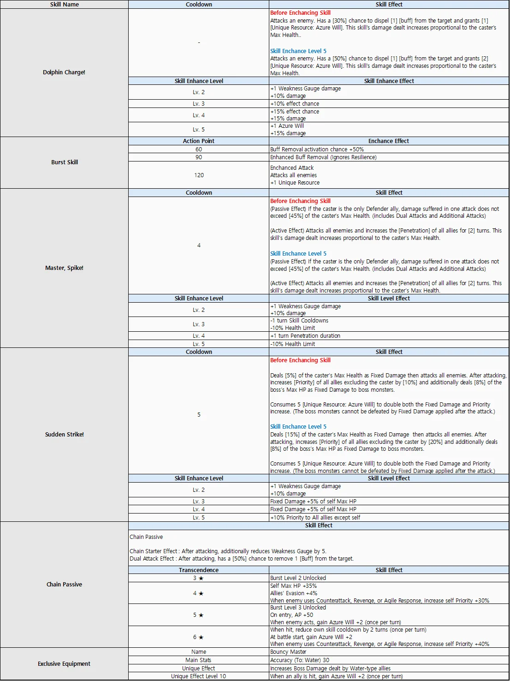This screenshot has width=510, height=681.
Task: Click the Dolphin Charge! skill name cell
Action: pos(64,72)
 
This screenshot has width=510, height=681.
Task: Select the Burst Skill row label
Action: pos(65,162)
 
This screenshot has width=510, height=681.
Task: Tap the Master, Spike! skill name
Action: pos(64,268)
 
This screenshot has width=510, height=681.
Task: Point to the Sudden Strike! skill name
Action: pos(65,435)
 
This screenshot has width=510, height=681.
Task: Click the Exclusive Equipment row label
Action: pos(64,664)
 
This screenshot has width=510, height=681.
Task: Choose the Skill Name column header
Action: pos(64,5)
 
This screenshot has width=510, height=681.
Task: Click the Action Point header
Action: pos(199,141)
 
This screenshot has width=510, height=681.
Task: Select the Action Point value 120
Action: pos(199,175)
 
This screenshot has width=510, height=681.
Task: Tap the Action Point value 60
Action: pos(199,149)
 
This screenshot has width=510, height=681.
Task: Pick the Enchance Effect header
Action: pos(389,141)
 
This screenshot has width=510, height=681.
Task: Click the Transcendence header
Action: pos(199,570)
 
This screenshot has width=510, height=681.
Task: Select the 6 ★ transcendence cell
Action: pos(198,637)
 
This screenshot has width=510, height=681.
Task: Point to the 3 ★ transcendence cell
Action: pos(198,578)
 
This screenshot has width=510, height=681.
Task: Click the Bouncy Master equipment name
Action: pos(288,652)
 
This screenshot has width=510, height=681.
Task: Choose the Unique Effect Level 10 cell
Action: pos(199,676)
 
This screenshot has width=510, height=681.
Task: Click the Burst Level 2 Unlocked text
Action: pos(298,578)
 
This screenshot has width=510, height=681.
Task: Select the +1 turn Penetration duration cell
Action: pos(305,336)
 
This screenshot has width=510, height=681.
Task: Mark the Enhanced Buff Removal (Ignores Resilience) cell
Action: pos(323,157)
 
